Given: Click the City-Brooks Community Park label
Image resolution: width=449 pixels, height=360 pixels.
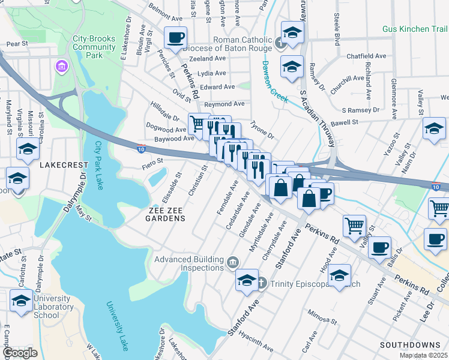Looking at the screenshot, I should (x=94, y=46).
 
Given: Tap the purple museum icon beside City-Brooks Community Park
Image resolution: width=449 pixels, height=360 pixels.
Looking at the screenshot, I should (x=62, y=65).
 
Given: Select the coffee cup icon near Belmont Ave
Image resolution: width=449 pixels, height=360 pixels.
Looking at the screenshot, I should (x=176, y=38).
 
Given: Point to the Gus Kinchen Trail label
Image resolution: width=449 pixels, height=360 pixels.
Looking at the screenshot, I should (x=415, y=29).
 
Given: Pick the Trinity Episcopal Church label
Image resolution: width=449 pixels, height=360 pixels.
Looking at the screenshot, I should (x=309, y=284).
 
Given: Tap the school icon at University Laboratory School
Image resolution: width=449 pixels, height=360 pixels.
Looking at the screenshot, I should (x=21, y=301).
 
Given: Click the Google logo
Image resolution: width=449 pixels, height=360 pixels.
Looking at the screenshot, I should (x=20, y=352).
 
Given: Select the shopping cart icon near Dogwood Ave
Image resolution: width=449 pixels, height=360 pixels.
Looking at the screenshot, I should (x=197, y=124).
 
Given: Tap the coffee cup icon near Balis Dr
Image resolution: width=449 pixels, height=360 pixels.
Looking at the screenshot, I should (x=379, y=247).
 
